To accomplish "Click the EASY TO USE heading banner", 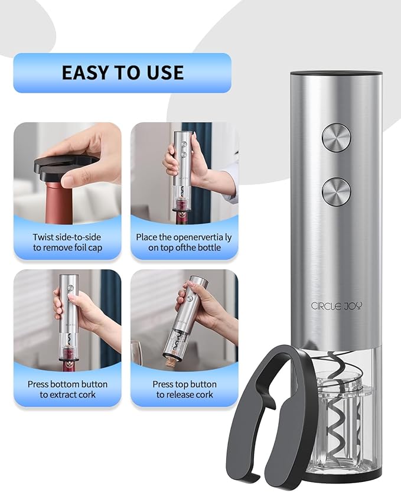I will (x=122, y=73).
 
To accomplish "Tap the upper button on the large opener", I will (x=336, y=137).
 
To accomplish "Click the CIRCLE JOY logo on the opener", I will (x=337, y=305).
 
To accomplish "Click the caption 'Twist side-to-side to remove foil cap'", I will (x=67, y=242).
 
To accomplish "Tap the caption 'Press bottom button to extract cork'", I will (x=67, y=389).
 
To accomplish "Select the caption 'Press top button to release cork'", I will (x=184, y=389).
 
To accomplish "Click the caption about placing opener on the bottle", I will (x=184, y=242).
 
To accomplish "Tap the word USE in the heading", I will (x=165, y=73).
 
